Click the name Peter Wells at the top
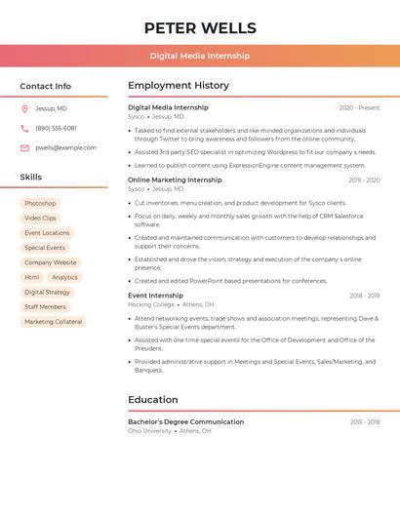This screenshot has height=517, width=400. click(x=200, y=28)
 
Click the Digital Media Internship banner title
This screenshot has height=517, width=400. click(x=200, y=56)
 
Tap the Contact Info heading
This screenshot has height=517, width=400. click(x=45, y=86)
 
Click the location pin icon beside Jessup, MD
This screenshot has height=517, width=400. click(x=24, y=109)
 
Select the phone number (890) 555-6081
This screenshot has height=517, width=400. click(x=56, y=128)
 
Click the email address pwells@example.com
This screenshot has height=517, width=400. click(x=65, y=147)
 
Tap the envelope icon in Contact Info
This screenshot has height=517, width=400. click(x=24, y=148)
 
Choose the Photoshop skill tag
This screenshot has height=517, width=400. click(x=40, y=203)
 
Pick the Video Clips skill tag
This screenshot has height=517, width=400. click(x=40, y=219)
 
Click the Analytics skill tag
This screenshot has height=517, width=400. click(x=64, y=277)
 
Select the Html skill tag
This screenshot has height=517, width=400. click(x=32, y=277)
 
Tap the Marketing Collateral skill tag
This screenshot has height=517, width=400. click(x=53, y=322)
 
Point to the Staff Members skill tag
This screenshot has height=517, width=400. click(x=45, y=307)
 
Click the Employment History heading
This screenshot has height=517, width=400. click(x=179, y=86)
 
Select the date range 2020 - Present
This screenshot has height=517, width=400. click(x=359, y=107)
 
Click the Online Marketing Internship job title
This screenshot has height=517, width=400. click(x=175, y=179)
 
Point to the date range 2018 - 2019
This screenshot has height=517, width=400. click(x=364, y=296)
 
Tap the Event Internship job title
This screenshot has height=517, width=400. click(x=155, y=296)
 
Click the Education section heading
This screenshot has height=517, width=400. click(x=153, y=400)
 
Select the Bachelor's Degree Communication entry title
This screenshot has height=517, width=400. click(x=185, y=421)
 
